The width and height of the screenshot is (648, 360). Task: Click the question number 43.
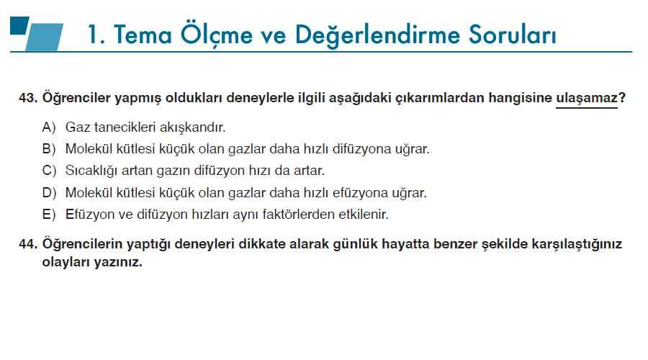[27, 99]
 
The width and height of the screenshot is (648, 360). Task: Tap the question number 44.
[27, 244]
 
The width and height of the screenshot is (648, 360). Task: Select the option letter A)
[49, 127]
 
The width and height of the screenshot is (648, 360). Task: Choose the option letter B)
[49, 149]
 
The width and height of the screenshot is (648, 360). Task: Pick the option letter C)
[49, 171]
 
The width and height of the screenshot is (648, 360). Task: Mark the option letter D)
[49, 193]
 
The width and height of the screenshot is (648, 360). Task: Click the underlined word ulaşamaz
[586, 99]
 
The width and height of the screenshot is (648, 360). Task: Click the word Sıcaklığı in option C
[91, 171]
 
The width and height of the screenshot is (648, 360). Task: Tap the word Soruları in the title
[513, 35]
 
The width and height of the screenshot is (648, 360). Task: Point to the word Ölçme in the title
[216, 35]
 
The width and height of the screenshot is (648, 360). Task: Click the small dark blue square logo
[19, 25]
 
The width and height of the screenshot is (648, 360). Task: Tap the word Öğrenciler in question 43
[76, 99]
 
